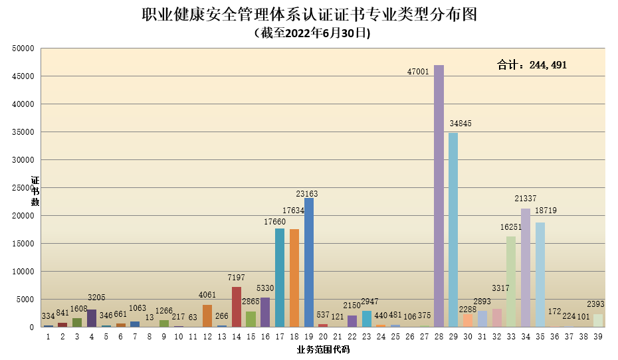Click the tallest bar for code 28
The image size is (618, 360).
pyautogui.click(x=439, y=196)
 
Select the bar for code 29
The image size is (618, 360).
pyautogui.click(x=453, y=230)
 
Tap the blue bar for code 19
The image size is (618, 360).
pyautogui.click(x=309, y=262)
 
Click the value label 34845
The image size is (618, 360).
pyautogui.click(x=460, y=124)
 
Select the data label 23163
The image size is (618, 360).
pyautogui.click(x=307, y=194)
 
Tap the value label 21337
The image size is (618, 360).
pyautogui.click(x=525, y=199)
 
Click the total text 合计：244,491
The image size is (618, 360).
pyautogui.click(x=532, y=65)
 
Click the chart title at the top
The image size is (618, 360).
pyautogui.click(x=309, y=15)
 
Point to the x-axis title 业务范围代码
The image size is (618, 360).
pyautogui.click(x=323, y=349)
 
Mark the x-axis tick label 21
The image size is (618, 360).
pyautogui.click(x=338, y=337)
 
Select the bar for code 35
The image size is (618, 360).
pyautogui.click(x=540, y=274)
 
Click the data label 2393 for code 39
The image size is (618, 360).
pyautogui.click(x=595, y=304)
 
